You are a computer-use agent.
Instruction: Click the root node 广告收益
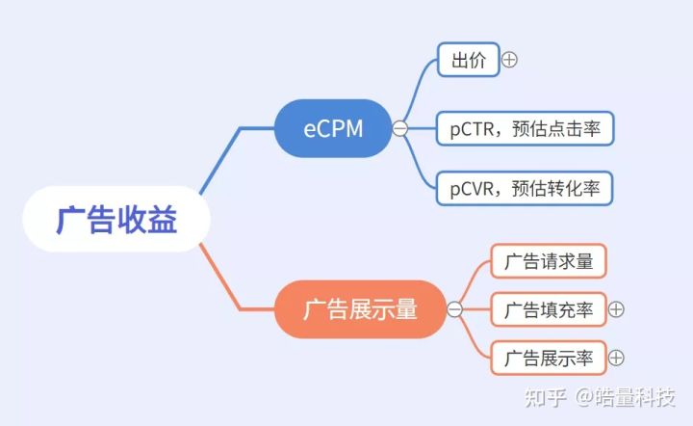(116, 219)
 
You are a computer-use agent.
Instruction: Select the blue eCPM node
(333, 128)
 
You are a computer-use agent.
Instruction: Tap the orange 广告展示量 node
(360, 308)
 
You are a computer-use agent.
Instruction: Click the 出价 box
(469, 60)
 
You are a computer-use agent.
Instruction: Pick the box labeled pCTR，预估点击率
(526, 129)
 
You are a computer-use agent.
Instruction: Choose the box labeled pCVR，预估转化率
(525, 189)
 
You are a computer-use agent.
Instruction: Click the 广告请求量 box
(549, 261)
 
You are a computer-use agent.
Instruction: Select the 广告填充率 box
(549, 309)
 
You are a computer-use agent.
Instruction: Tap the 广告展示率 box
(549, 358)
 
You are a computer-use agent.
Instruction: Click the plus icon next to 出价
(509, 60)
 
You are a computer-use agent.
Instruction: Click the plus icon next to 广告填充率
(616, 309)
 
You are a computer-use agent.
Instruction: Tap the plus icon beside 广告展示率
(616, 358)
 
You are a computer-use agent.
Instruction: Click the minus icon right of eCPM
(400, 129)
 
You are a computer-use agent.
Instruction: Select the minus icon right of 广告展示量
(454, 309)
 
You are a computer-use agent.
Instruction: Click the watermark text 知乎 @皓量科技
(600, 397)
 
